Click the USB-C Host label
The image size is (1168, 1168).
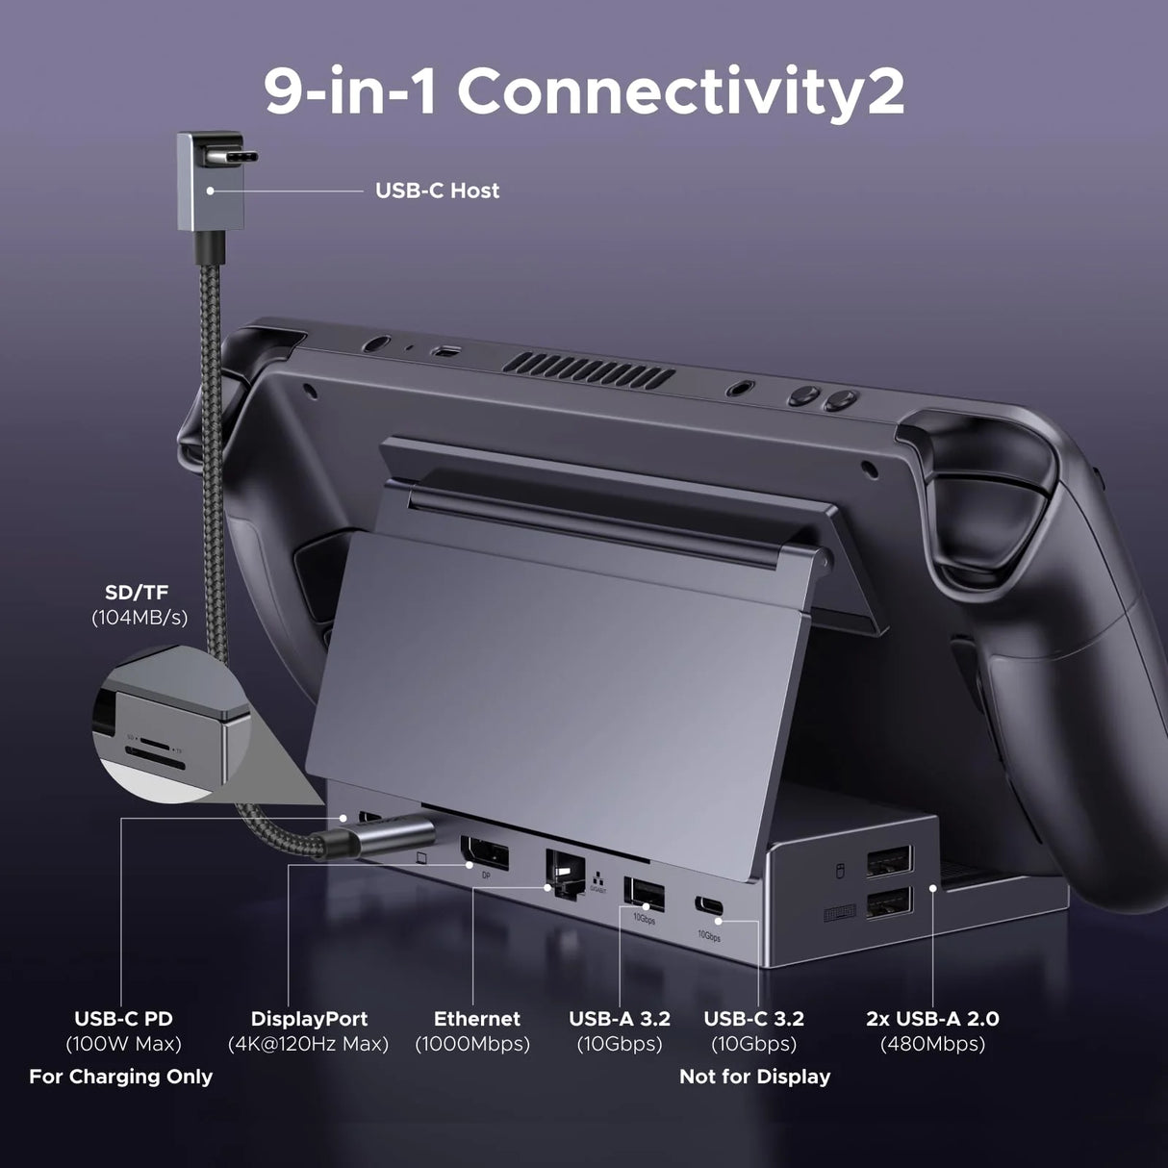437,190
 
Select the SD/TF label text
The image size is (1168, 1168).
137,593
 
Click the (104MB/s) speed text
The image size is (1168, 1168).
140,618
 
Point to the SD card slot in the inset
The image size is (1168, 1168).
145,749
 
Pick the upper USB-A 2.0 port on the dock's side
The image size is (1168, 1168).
890,861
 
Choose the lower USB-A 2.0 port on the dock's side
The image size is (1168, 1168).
889,903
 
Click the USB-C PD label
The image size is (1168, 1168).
123,1019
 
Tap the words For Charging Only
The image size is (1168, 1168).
120,1077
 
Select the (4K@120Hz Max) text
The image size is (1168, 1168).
309,1044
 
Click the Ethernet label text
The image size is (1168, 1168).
476,1019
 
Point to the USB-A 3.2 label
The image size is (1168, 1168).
619,1019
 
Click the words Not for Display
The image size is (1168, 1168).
754,1077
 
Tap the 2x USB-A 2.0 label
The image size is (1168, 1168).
932,1019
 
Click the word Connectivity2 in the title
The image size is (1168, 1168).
680,92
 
